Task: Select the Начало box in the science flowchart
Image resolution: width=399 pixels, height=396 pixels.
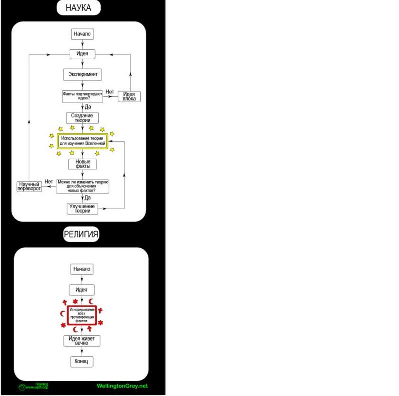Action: (82, 34)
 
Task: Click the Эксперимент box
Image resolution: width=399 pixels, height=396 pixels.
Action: (82, 75)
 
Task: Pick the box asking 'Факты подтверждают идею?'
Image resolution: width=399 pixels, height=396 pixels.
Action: (82, 96)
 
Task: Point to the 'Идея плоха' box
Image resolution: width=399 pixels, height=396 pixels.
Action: (130, 96)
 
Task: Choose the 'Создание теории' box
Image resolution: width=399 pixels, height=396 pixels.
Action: (82, 118)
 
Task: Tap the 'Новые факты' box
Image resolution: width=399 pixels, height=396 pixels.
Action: (82, 164)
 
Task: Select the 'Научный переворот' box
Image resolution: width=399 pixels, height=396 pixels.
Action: (29, 187)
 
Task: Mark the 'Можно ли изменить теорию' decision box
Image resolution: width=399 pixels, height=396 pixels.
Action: (82, 186)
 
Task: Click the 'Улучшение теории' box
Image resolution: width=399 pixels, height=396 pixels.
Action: (82, 208)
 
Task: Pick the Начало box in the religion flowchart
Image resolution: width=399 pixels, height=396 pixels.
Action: (82, 269)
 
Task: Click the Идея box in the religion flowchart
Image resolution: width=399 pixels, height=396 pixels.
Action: (82, 290)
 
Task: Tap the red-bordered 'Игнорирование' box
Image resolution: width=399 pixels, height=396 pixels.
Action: (82, 315)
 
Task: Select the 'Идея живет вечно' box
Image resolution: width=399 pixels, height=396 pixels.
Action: (82, 341)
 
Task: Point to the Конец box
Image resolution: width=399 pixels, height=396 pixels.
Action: (82, 361)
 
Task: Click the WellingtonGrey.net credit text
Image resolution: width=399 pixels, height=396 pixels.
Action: (122, 386)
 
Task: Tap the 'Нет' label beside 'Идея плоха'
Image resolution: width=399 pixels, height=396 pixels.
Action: (110, 92)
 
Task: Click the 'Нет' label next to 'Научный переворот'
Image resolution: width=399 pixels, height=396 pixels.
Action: (49, 181)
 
